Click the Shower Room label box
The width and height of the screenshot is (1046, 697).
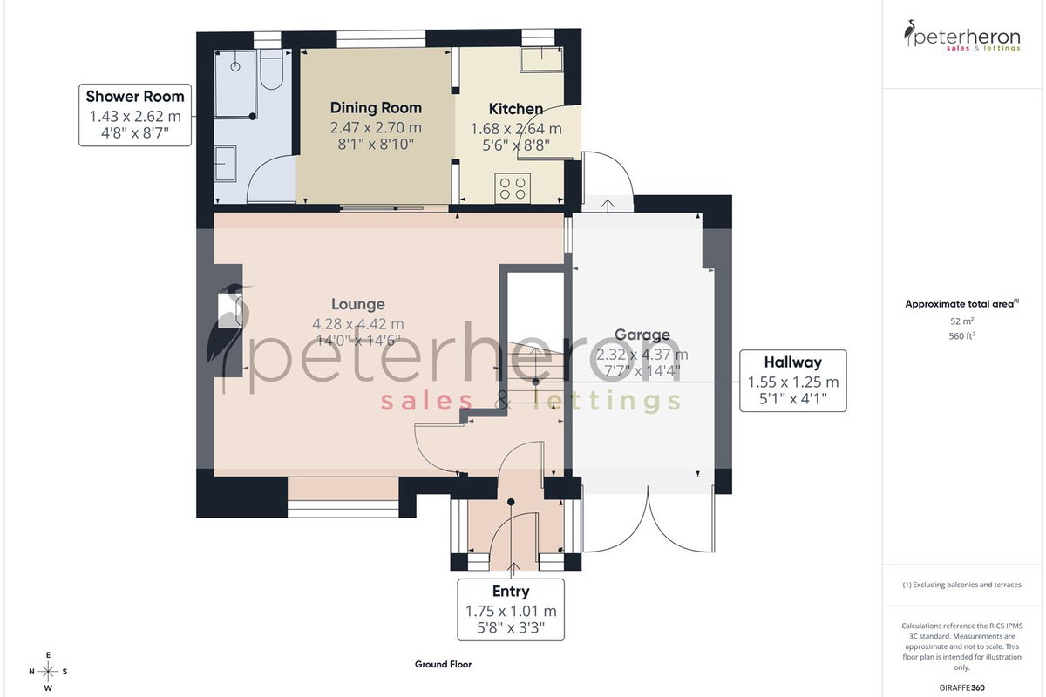[135, 115]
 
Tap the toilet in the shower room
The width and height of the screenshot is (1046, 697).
[271, 69]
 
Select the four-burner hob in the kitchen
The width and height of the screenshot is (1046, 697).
[513, 188]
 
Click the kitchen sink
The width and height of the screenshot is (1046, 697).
[541, 59]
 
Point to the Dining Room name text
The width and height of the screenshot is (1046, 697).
[376, 108]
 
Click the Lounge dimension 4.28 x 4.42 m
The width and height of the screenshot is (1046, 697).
[358, 323]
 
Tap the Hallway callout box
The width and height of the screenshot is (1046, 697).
[793, 381]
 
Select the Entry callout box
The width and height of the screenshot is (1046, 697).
[511, 610]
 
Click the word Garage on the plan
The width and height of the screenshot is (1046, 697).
[642, 335]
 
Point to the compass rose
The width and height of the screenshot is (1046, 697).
[48, 672]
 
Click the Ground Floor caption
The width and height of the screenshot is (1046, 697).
[443, 664]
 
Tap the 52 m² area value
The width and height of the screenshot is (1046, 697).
[962, 321]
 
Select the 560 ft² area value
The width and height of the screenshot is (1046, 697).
[962, 336]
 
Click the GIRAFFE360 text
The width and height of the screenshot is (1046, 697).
[962, 687]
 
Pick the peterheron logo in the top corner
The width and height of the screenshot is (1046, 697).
[962, 36]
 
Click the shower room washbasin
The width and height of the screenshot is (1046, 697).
[226, 164]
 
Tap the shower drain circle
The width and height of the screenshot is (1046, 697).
[235, 66]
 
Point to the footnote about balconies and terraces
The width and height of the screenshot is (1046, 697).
[962, 585]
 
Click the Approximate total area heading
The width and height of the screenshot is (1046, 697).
[962, 304]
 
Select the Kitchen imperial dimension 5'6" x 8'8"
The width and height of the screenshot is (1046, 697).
[516, 145]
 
